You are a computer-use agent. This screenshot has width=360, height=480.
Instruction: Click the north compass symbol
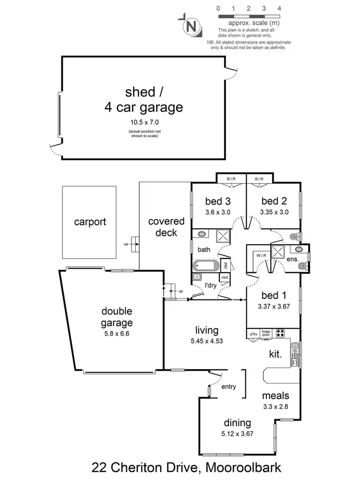point(192,26)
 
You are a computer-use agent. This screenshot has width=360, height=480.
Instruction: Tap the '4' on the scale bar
point(279,9)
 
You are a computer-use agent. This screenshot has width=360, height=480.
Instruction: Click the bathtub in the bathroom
point(206,266)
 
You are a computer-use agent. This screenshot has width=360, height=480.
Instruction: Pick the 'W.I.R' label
point(262,255)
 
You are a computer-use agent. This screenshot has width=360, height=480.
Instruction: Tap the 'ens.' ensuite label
point(292,259)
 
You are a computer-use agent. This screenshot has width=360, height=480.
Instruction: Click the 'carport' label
point(90,222)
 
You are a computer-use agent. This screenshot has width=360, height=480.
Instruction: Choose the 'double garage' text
point(113,317)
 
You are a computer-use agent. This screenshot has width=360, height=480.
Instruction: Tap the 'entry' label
point(228,386)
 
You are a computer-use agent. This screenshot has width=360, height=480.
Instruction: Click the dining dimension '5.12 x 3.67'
point(238,434)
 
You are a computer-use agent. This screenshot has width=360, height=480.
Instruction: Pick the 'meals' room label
point(276,396)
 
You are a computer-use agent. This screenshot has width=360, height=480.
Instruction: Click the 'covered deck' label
point(166,227)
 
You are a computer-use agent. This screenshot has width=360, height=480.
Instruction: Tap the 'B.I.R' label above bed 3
point(232,179)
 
